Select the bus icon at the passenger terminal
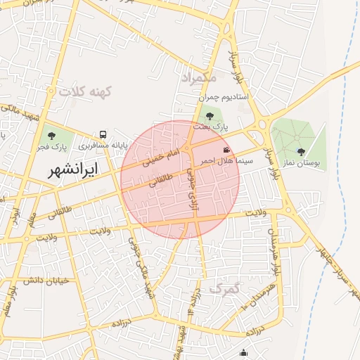click(x=103, y=134)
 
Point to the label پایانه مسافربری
click(x=102, y=146)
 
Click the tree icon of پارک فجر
click(x=51, y=135)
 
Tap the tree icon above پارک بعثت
click(x=210, y=116)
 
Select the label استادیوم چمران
click(x=224, y=97)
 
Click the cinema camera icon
click(x=226, y=150)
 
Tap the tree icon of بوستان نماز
click(x=301, y=152)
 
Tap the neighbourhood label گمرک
click(x=224, y=288)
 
